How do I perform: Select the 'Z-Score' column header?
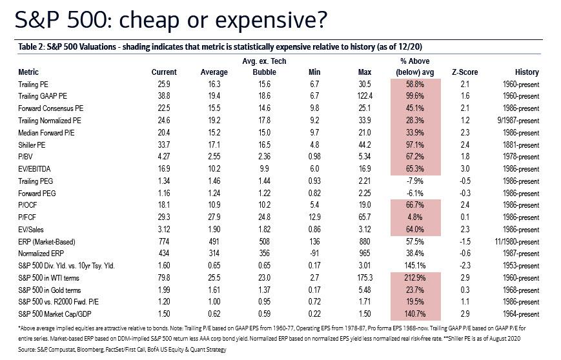pos(464,72)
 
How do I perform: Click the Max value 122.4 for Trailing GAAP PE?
pos(367,96)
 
